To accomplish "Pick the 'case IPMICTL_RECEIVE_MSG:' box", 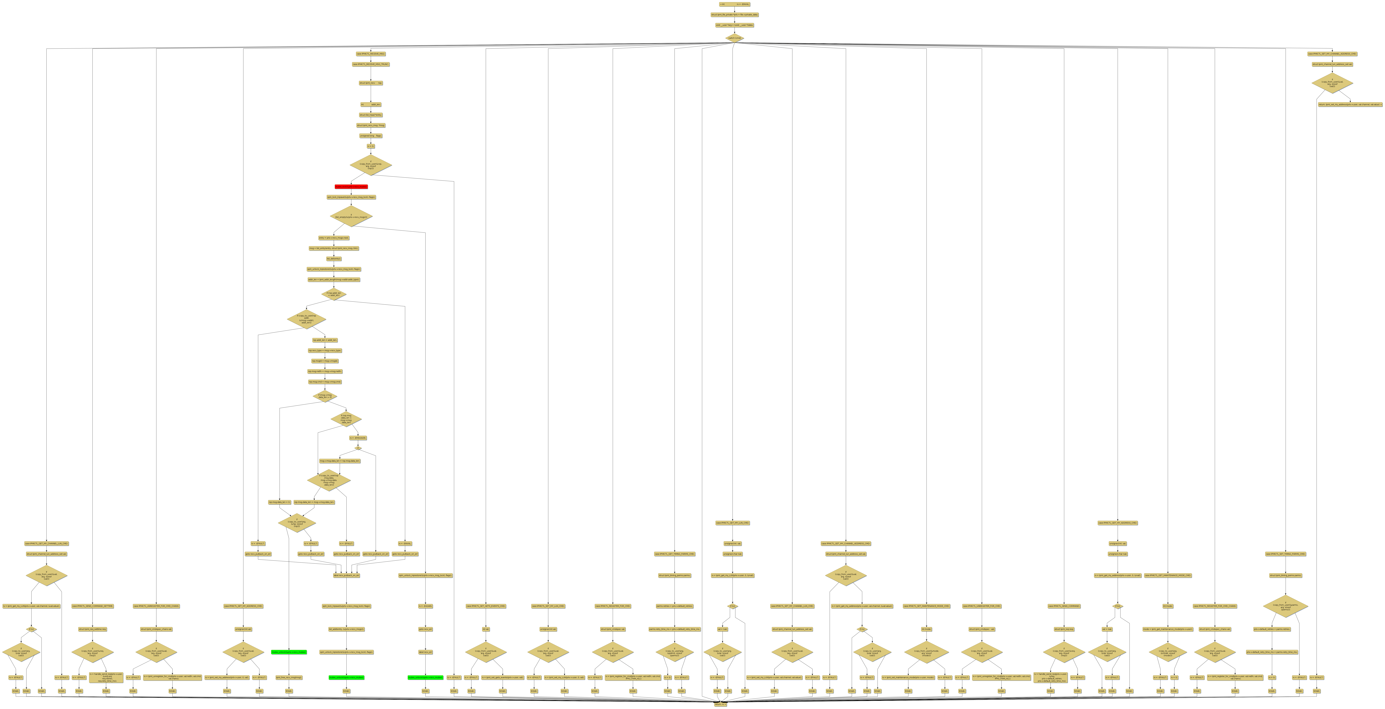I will pos(370,54).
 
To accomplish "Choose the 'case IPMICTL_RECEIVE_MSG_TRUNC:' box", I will pos(370,64).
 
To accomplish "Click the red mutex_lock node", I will pos(351,187).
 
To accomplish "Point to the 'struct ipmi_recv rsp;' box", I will pos(370,83).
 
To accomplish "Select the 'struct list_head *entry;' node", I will pos(370,115).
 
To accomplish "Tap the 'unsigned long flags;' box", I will pos(370,136).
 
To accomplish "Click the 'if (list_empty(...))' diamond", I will pos(351,216).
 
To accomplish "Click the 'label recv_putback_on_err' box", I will pos(346,575).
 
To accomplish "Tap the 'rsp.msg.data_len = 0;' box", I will pos(280,502).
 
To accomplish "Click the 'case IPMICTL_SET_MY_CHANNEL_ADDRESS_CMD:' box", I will pos(1332,54).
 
